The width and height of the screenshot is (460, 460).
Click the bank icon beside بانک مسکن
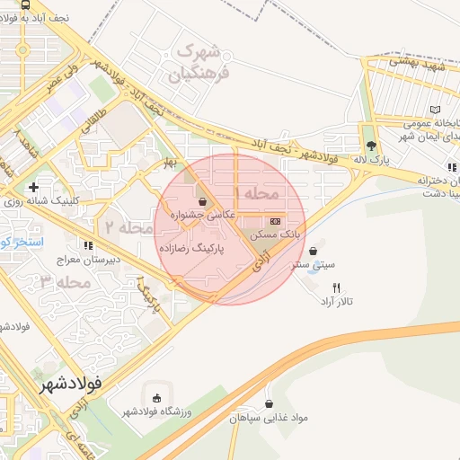click(x=275, y=221)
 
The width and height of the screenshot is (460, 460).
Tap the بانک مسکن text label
click(x=275, y=234)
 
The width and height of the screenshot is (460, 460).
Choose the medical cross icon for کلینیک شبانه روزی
click(x=33, y=188)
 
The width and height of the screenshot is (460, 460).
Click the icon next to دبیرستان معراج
click(x=87, y=244)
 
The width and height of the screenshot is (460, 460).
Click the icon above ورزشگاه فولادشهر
click(x=158, y=398)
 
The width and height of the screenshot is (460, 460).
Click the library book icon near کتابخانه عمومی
click(x=435, y=110)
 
